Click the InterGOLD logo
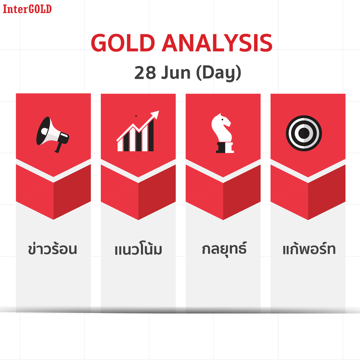pos(27,9)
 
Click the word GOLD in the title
pos(123,43)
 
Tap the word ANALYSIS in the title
pos(217,43)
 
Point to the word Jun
pos(176,73)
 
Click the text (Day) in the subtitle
pos(218,73)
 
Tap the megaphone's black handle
pos(59,147)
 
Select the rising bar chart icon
pos(138,131)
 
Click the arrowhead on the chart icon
pos(155,114)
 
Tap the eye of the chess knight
pos(222,120)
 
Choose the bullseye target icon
pos(304,133)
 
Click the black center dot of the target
pos(304,133)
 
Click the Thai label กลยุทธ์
pos(224,249)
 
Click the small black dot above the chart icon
pos(136,116)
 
